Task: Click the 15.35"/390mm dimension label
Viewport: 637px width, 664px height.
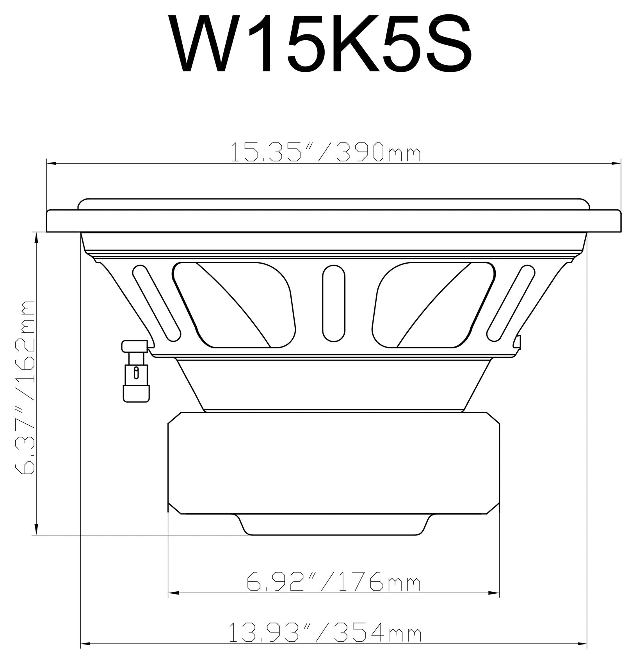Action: coord(326,153)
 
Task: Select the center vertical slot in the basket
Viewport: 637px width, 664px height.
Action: coord(333,303)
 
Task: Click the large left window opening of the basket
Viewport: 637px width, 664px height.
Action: coord(234,305)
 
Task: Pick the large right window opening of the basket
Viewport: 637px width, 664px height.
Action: coord(433,305)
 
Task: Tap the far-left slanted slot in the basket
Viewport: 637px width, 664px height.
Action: coord(157,302)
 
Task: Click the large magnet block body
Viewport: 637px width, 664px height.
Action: coord(333,463)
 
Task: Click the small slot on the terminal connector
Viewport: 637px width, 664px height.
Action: coord(136,372)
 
